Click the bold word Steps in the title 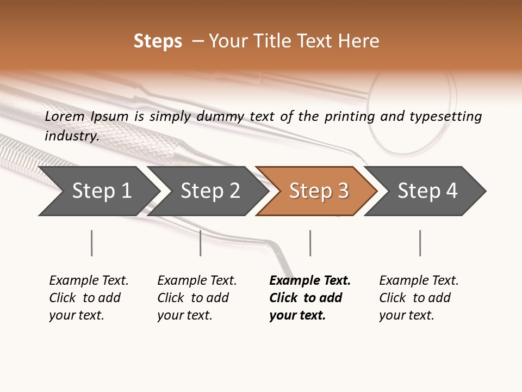(x=158, y=41)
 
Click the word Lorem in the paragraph (x=65, y=116)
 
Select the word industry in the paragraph (x=72, y=136)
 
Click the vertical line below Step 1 (x=91, y=243)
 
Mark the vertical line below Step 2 (x=201, y=243)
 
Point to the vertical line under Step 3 (x=310, y=243)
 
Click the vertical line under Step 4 (x=420, y=243)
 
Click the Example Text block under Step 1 (x=88, y=297)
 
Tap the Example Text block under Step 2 (x=196, y=297)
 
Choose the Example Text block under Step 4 (x=418, y=297)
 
